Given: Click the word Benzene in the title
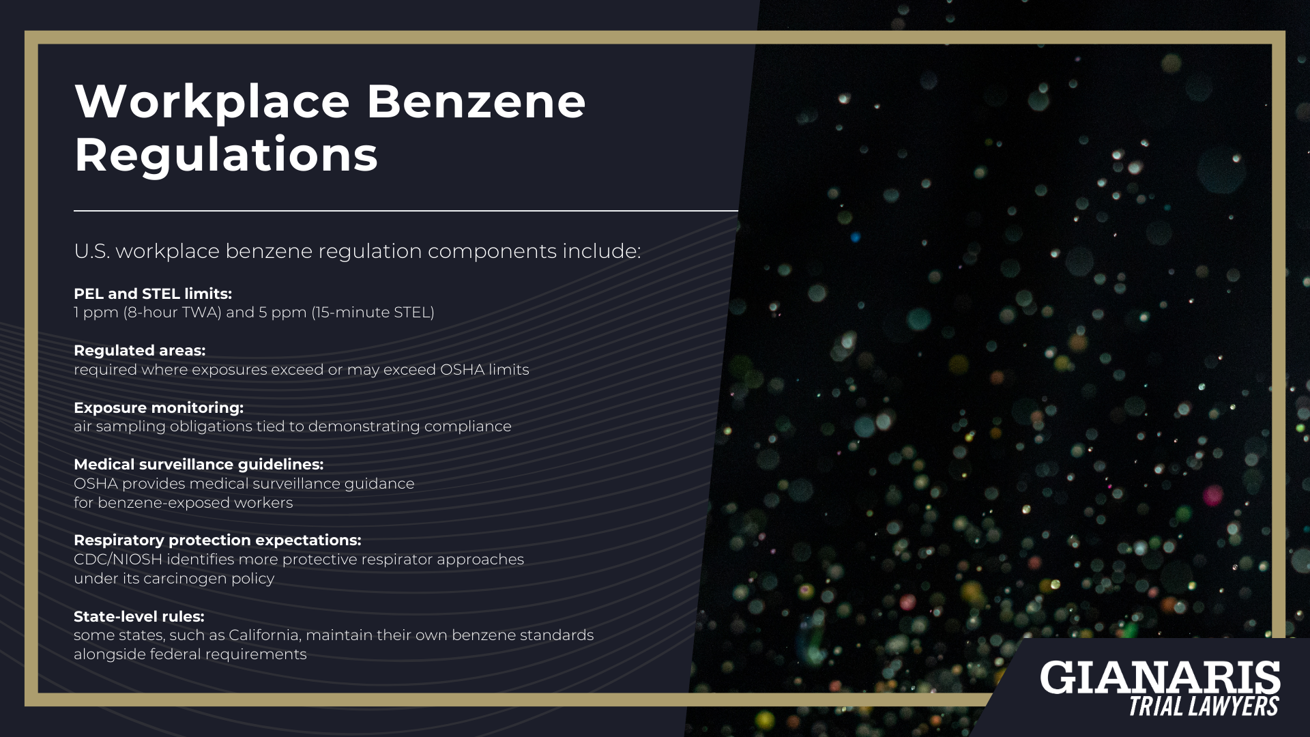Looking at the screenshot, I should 476,102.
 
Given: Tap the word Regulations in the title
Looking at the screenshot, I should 226,155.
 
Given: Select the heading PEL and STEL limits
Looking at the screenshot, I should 153,293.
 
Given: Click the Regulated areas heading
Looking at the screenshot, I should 139,350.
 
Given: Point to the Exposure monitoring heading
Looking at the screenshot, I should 158,407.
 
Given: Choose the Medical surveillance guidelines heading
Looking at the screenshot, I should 199,464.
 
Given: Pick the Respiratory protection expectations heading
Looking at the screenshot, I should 217,540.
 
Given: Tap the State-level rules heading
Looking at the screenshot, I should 139,616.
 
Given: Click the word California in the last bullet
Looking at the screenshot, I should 263,635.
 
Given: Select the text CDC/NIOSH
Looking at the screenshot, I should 117,560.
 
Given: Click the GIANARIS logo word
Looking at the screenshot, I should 1160,678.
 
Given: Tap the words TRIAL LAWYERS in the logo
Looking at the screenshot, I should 1204,706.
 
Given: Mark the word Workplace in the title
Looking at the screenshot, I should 212,102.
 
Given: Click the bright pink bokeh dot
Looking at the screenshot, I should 1212,495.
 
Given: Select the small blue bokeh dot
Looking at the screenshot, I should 855,237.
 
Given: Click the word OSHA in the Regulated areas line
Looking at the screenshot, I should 461,370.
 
